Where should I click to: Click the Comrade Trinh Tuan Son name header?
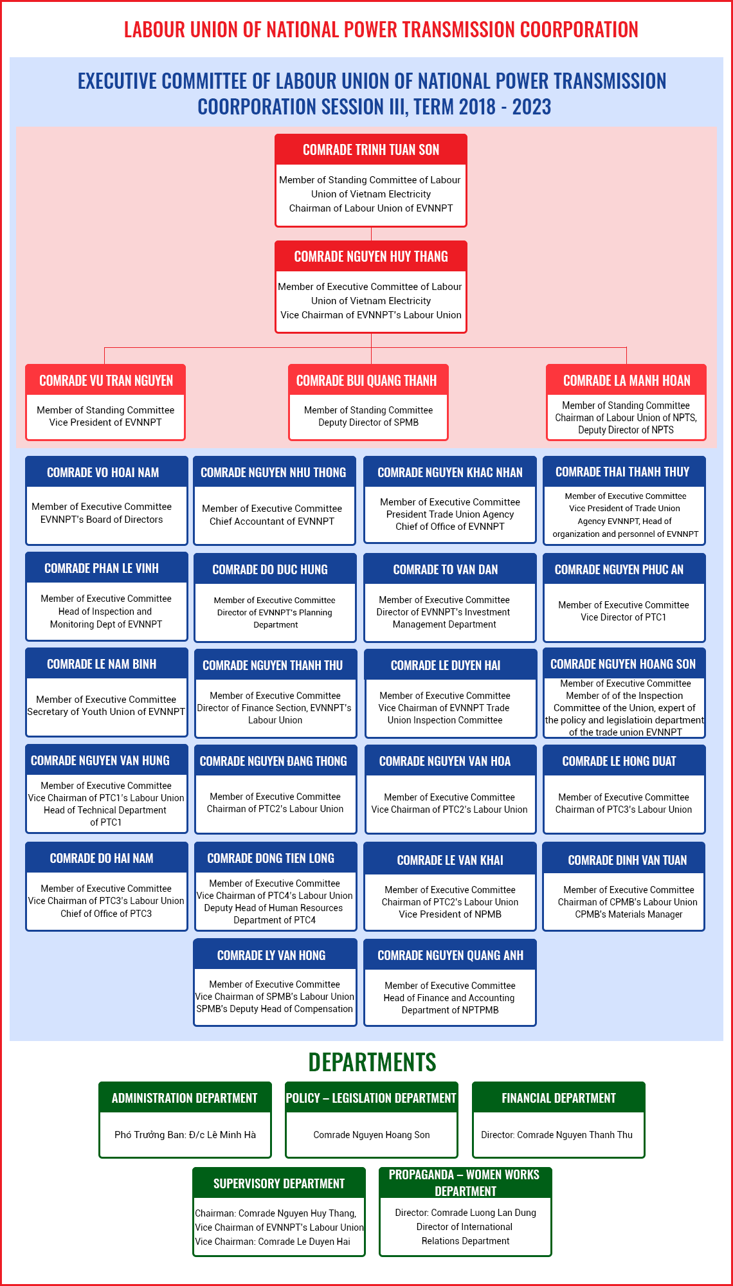[371, 149]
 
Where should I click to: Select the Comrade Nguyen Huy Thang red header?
[371, 256]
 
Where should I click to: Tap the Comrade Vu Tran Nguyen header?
[105, 380]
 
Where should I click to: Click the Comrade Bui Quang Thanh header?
[368, 380]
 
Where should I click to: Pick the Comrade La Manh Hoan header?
[626, 380]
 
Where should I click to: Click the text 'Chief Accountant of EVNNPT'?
[272, 521]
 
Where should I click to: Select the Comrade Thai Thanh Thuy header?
[624, 472]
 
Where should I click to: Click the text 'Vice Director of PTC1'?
[624, 617]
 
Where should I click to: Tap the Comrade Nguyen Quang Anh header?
[450, 955]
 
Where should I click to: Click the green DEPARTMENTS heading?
[372, 1062]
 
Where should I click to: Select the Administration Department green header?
[185, 1098]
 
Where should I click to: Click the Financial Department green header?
[559, 1098]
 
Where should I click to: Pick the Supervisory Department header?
[279, 1183]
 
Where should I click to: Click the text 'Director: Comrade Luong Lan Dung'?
[466, 1213]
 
